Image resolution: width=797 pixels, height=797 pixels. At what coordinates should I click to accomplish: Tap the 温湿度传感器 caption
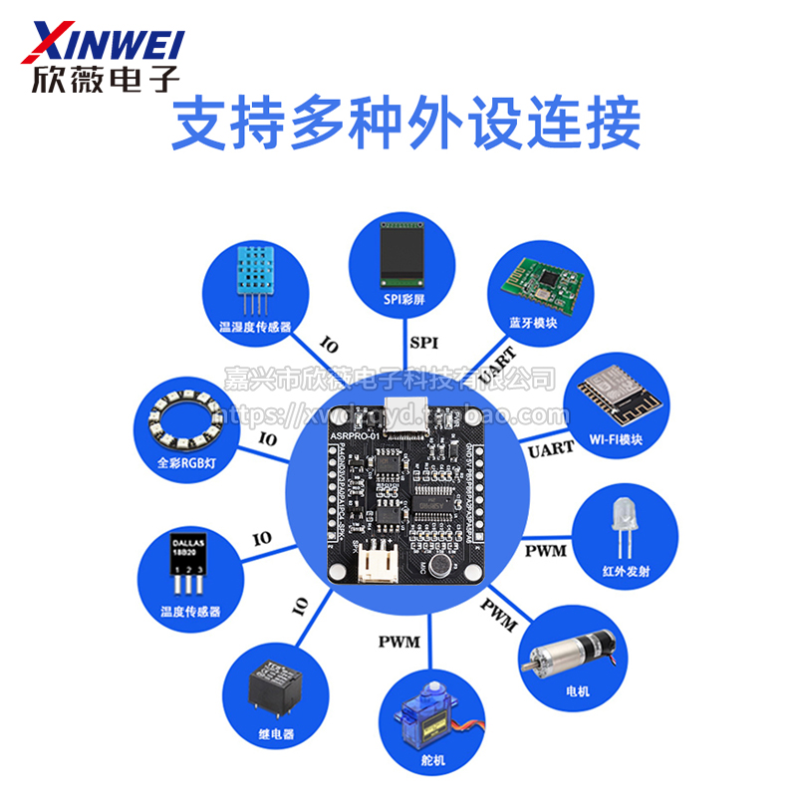[x=254, y=326]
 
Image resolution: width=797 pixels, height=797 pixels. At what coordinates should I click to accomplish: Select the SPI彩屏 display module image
[x=398, y=253]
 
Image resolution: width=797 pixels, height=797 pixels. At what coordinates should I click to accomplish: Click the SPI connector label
[x=423, y=343]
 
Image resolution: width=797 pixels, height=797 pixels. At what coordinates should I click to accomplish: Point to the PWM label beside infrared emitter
[x=545, y=551]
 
